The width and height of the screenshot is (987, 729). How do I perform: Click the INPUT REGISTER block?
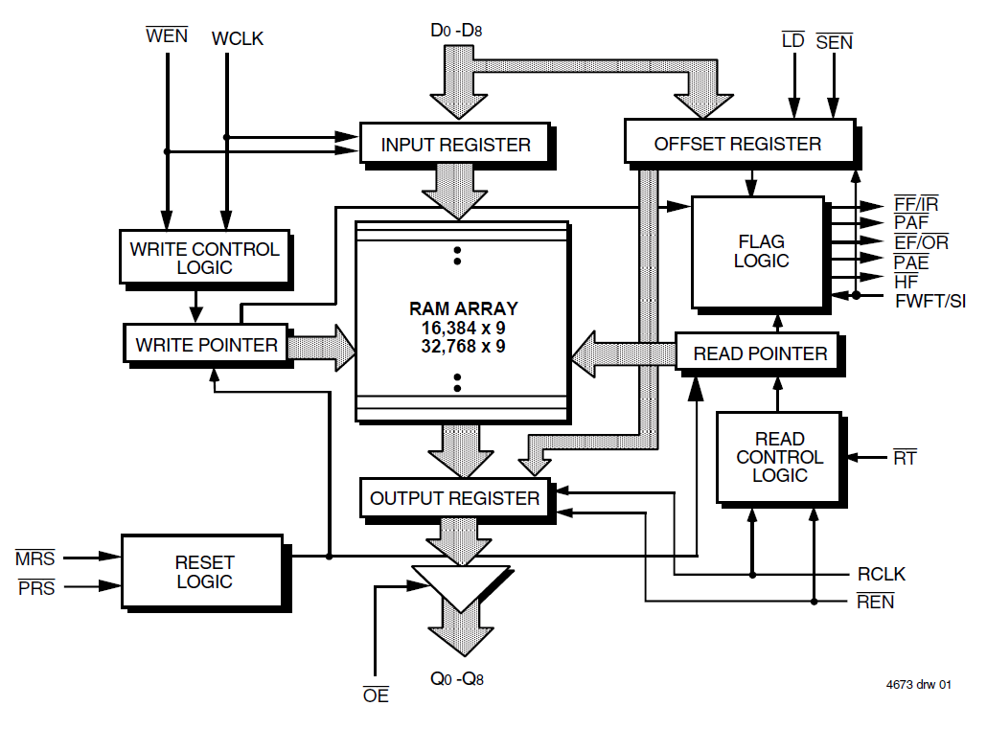coord(455,145)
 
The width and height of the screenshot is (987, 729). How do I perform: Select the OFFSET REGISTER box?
coord(737,144)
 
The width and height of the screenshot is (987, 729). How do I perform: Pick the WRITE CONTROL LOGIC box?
coord(204,258)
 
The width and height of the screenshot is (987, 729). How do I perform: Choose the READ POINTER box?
coord(760,353)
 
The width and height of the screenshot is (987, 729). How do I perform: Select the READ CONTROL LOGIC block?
coord(779,457)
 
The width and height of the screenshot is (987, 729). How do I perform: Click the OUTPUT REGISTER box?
coord(454,498)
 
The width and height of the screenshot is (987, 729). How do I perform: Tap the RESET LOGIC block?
coord(203,572)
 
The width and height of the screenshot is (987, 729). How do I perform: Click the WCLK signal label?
coord(237,39)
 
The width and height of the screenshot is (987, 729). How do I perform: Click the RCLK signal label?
coord(881,575)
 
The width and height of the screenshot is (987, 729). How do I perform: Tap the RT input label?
coord(904,458)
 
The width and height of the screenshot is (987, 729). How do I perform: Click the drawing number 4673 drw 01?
coord(919,685)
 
